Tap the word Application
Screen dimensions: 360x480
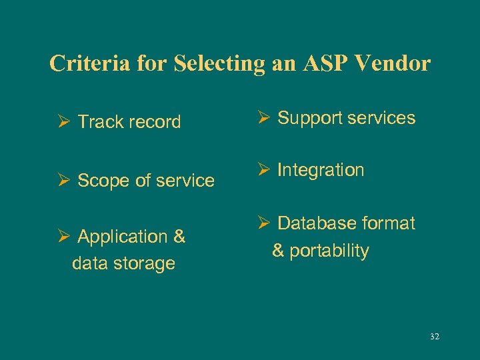tap(122, 237)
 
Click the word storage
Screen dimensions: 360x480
tap(143, 263)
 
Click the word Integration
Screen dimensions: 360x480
tap(321, 171)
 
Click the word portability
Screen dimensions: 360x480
tap(329, 251)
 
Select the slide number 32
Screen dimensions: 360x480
tap(435, 337)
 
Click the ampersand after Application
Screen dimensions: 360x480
tap(179, 237)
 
